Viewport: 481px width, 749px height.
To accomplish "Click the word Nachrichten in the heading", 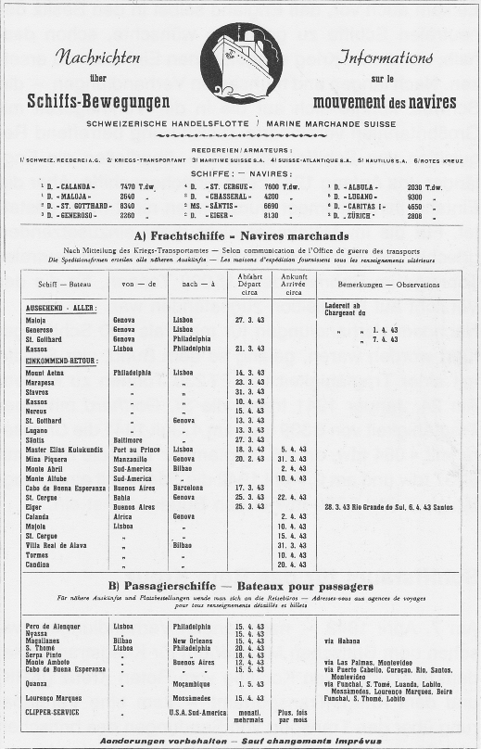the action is click(x=98, y=57).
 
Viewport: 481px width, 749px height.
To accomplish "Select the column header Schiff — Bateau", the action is click(x=64, y=285).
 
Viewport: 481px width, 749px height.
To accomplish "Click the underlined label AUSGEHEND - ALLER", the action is click(x=60, y=308).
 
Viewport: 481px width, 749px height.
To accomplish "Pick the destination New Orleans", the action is click(x=194, y=640).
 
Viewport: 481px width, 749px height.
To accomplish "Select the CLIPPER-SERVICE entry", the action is click(x=53, y=712).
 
